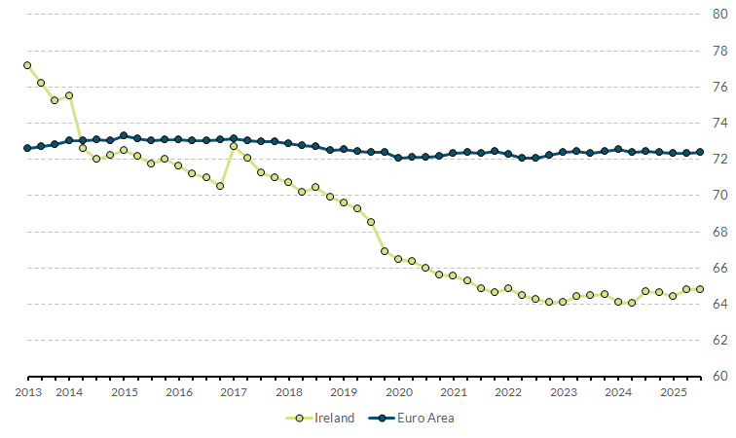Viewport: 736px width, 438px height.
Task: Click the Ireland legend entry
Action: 327,418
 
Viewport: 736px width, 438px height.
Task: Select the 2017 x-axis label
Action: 234,392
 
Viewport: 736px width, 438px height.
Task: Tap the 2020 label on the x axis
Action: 398,392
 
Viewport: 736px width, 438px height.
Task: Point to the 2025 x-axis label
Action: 673,392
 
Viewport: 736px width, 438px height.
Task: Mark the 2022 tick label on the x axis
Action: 508,392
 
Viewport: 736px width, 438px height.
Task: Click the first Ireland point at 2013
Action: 27,65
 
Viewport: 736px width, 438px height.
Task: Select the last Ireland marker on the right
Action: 700,289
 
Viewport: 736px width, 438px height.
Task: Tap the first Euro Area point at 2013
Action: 27,148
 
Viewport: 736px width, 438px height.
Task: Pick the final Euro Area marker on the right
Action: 700,152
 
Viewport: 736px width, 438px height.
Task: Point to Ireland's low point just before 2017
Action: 220,186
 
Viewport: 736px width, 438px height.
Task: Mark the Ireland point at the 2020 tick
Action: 398,259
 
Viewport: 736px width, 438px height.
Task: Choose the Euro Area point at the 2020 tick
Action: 398,158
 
